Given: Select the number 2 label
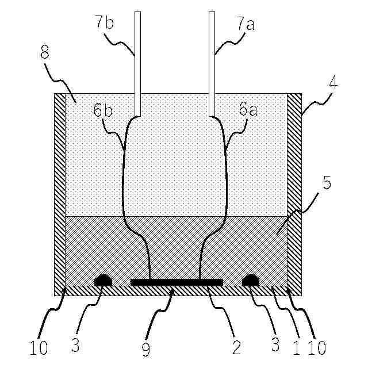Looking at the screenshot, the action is (x=235, y=348).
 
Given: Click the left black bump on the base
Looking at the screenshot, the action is (x=103, y=280).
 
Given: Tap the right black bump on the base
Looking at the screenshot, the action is (x=251, y=280).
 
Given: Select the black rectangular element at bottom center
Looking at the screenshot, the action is (x=177, y=282).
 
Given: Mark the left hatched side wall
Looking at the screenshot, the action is (x=60, y=190).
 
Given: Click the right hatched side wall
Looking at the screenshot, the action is (x=294, y=190).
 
